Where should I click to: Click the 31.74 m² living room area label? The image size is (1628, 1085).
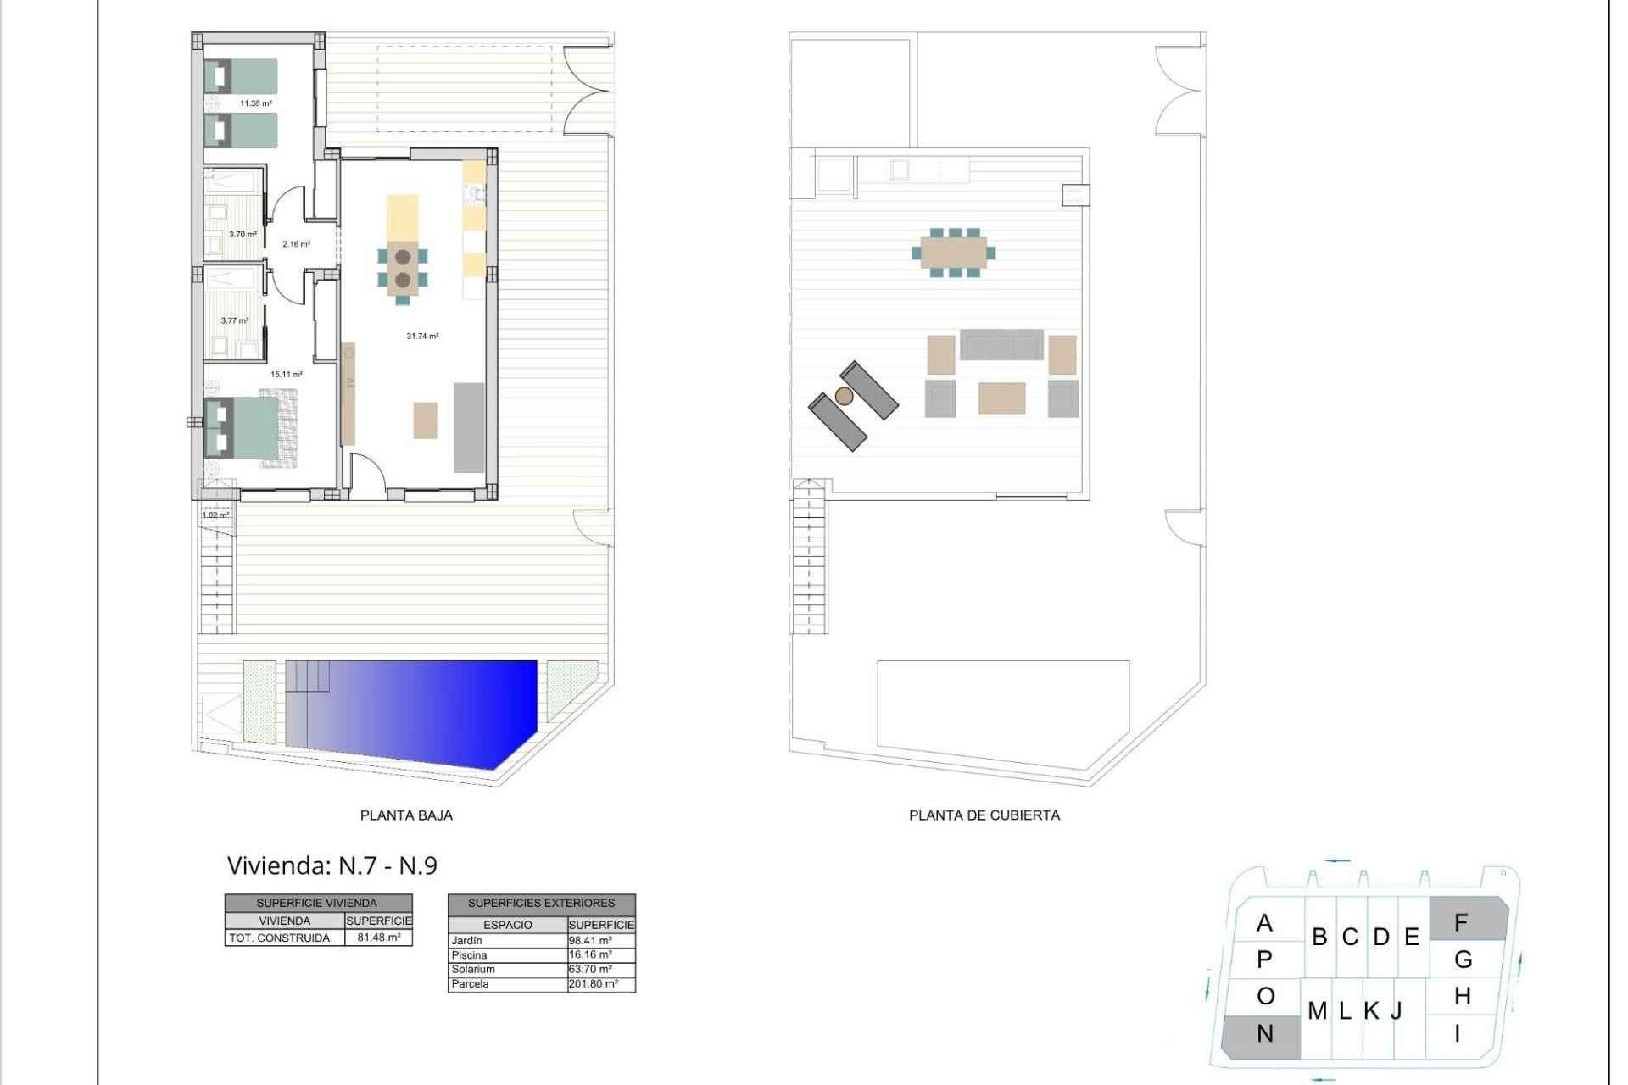click(x=422, y=337)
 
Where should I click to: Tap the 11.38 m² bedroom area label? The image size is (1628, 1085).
click(x=255, y=103)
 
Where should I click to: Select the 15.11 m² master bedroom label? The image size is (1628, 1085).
click(x=287, y=374)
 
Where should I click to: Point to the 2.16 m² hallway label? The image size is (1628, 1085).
click(x=296, y=244)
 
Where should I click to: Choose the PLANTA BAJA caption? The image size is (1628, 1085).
click(x=406, y=815)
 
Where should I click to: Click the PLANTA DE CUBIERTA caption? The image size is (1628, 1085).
click(x=984, y=815)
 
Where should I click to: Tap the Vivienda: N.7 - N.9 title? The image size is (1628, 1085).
click(x=332, y=865)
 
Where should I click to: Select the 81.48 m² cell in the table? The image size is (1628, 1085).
click(x=379, y=938)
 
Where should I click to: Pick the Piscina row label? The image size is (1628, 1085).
click(x=470, y=955)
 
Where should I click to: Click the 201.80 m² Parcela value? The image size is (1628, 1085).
click(x=594, y=984)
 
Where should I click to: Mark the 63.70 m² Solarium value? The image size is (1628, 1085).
click(x=590, y=970)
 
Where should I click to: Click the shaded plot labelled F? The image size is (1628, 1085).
click(x=1467, y=921)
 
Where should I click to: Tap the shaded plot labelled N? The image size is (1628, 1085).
click(x=1263, y=1035)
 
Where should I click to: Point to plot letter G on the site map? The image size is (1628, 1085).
click(x=1464, y=960)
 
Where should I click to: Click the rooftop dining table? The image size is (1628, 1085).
click(x=954, y=252)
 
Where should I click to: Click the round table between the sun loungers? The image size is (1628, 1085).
click(x=844, y=396)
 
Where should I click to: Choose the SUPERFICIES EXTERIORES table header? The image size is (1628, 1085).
click(x=541, y=904)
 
